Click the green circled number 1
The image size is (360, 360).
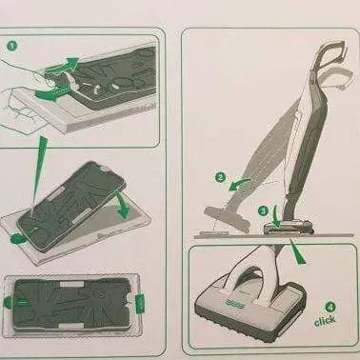pyautogui.click(x=12, y=44)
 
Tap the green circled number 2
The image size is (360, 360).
pyautogui.click(x=219, y=177)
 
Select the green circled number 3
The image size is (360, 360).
pyautogui.click(x=263, y=210)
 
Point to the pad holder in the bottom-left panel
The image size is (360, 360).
pyautogui.click(x=74, y=307)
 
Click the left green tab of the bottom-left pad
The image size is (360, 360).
pyautogui.click(x=12, y=306)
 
